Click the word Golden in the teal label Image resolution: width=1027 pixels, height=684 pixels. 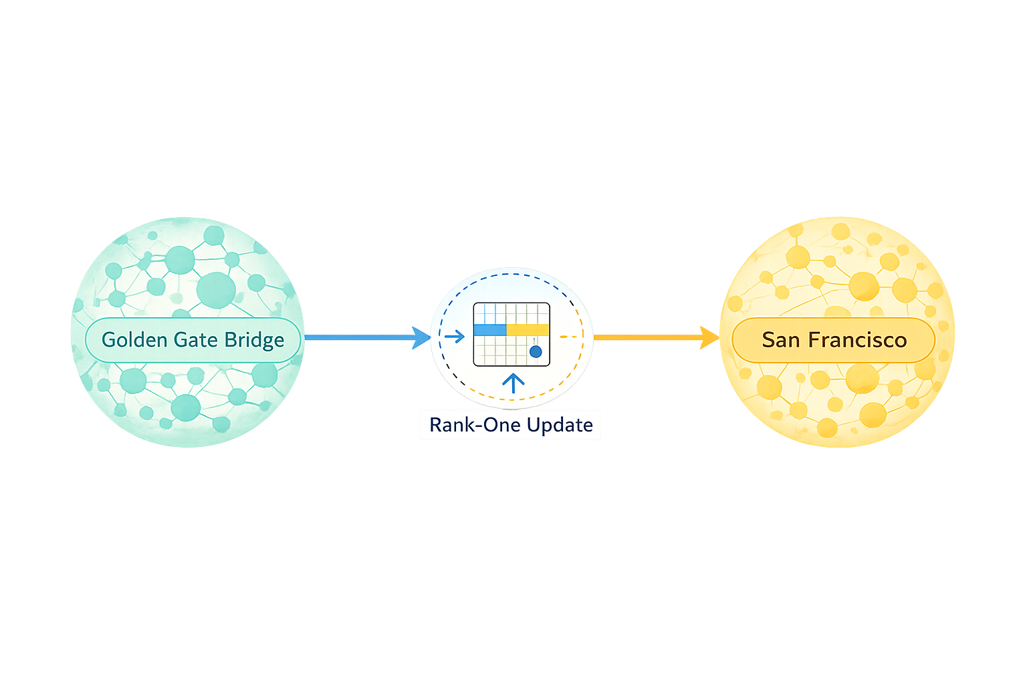tap(134, 340)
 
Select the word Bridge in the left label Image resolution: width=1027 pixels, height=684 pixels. tap(254, 341)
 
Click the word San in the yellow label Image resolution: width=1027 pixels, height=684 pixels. tap(781, 340)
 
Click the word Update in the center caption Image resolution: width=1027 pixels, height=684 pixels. tap(560, 425)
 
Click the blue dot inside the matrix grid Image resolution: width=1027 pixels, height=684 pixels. tap(536, 351)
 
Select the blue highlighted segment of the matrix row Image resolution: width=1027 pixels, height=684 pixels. tap(490, 330)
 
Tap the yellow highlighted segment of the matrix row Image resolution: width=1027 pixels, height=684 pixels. tap(528, 330)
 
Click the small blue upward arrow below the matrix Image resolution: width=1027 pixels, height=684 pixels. tap(513, 383)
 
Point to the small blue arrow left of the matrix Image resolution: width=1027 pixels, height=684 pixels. tap(455, 336)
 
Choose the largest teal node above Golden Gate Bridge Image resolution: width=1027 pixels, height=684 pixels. tap(216, 290)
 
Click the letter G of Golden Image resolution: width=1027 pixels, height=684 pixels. tap(109, 340)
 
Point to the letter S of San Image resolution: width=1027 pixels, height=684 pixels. tap(768, 340)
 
